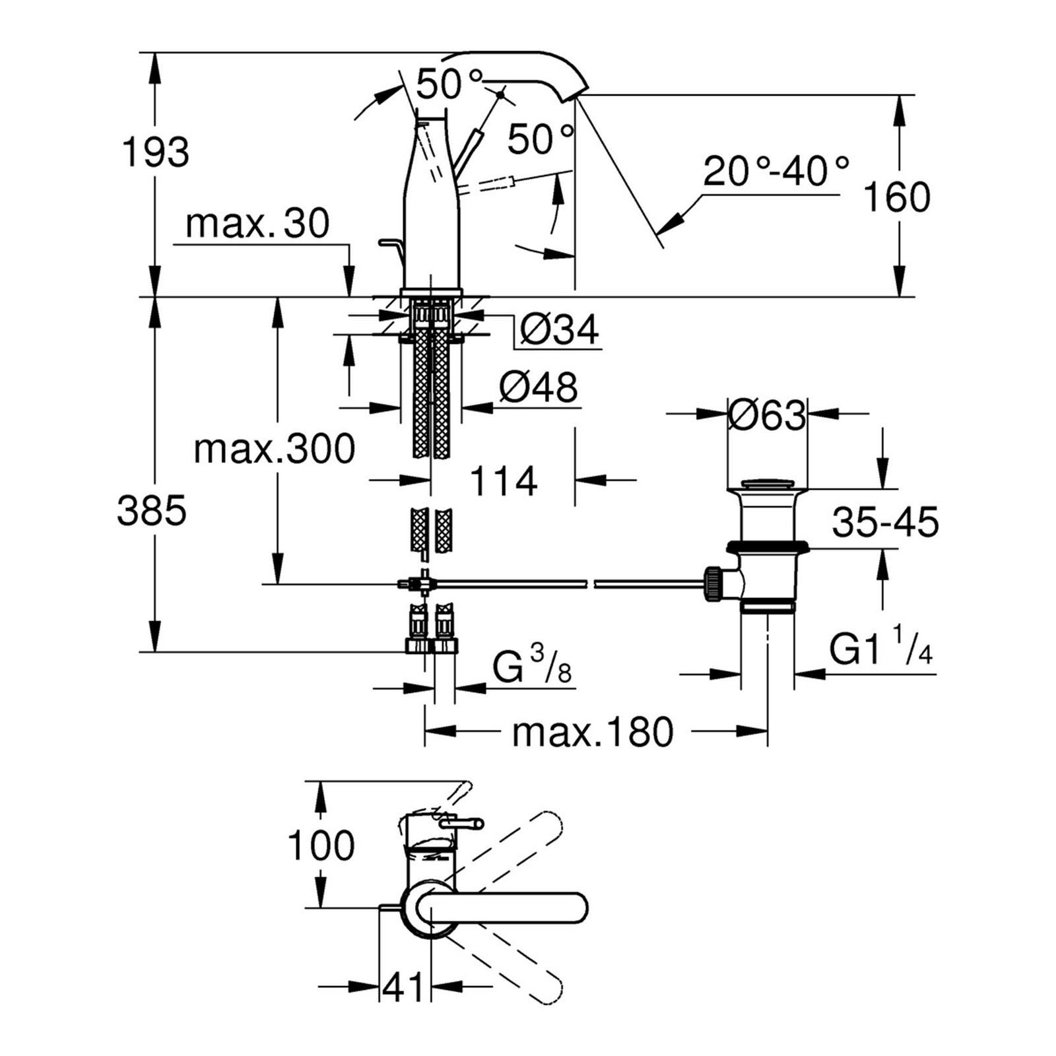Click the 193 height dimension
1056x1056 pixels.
pyautogui.click(x=156, y=153)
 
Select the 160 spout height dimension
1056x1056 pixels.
pyautogui.click(x=897, y=197)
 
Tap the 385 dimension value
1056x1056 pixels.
pyautogui.click(x=152, y=511)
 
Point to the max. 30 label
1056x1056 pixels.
pyautogui.click(x=257, y=224)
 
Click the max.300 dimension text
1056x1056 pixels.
pyautogui.click(x=275, y=450)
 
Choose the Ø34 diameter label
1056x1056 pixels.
pyautogui.click(x=559, y=329)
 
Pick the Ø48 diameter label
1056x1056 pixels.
pyautogui.click(x=539, y=387)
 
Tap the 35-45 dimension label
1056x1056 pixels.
pyautogui.click(x=885, y=523)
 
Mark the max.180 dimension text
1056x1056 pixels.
pyautogui.click(x=593, y=732)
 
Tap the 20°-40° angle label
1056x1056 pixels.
pyautogui.click(x=775, y=172)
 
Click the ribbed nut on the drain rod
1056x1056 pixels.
pyautogui.click(x=713, y=583)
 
